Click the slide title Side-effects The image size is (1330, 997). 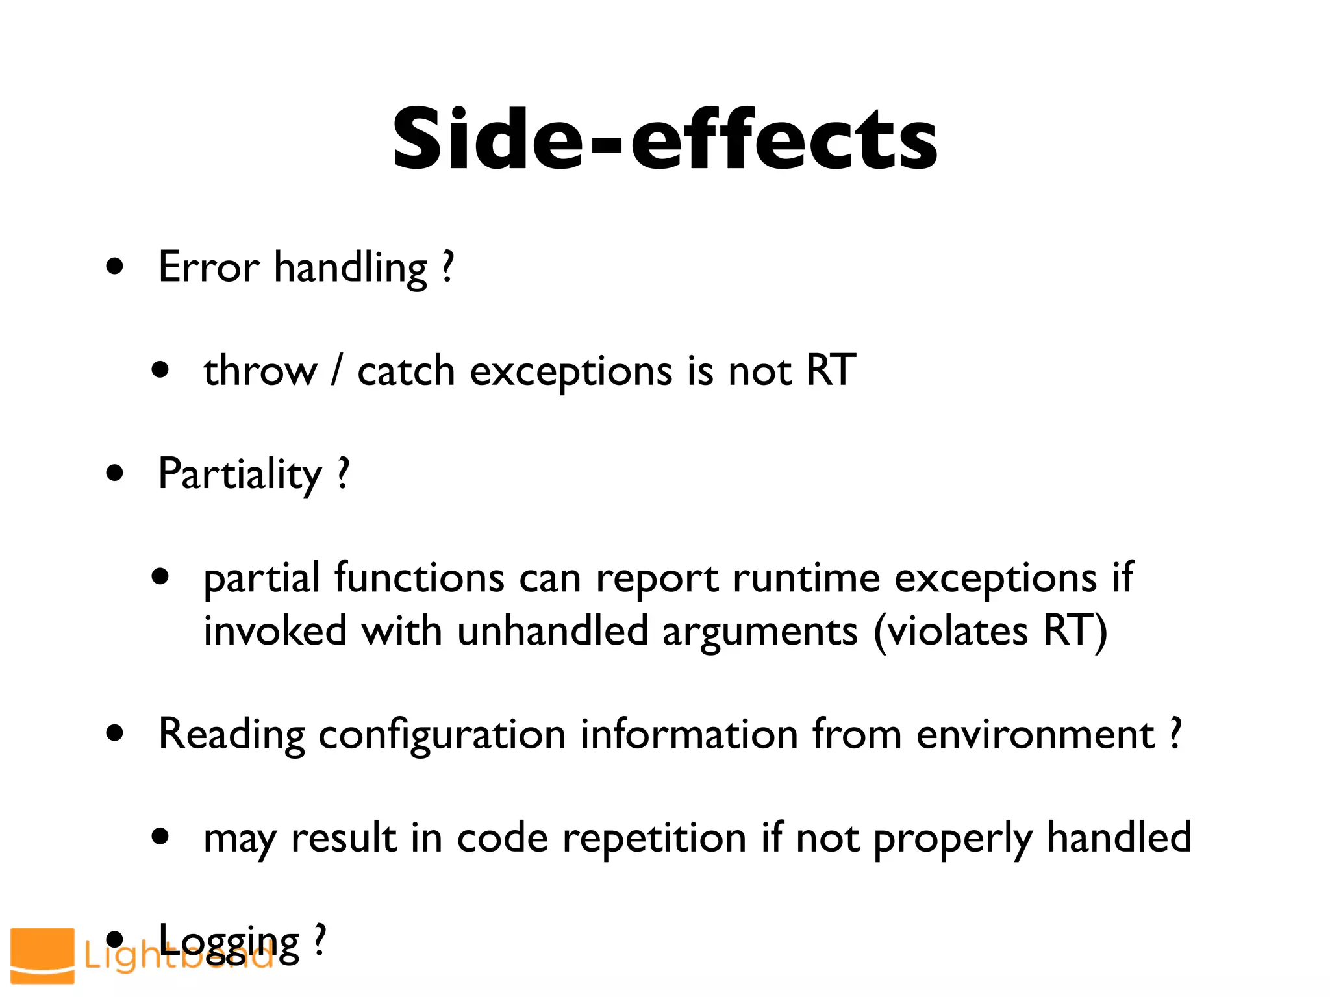(664, 140)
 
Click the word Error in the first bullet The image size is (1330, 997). (208, 267)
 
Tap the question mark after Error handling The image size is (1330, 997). (447, 267)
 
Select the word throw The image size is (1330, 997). (260, 371)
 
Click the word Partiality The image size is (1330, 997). (240, 474)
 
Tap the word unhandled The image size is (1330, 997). (553, 631)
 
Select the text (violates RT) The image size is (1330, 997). (990, 631)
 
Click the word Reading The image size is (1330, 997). (231, 735)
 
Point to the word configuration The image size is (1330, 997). (442, 735)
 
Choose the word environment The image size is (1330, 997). (1035, 735)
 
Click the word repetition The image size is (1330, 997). (654, 838)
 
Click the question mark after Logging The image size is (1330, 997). (319, 941)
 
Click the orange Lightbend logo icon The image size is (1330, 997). (43, 955)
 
